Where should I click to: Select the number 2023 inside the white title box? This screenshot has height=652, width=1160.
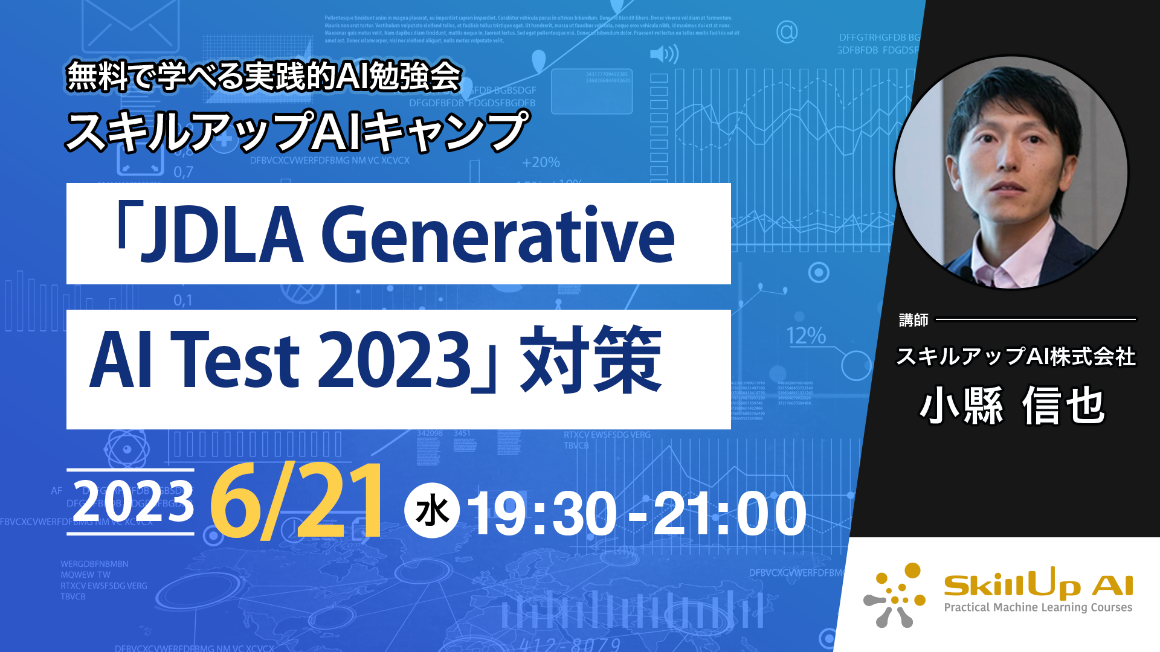pyautogui.click(x=393, y=360)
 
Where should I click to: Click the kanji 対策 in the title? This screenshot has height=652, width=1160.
pyautogui.click(x=591, y=360)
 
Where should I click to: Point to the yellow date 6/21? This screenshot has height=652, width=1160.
pyautogui.click(x=297, y=500)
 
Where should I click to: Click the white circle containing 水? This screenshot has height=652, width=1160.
pyautogui.click(x=432, y=511)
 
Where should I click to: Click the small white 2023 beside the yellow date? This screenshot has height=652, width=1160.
pyautogui.click(x=134, y=502)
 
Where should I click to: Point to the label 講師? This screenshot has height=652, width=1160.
pyautogui.click(x=913, y=320)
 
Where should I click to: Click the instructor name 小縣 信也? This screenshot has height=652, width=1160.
pyautogui.click(x=1013, y=406)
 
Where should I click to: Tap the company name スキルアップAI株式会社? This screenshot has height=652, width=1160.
pyautogui.click(x=1016, y=357)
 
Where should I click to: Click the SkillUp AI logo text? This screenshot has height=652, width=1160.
pyautogui.click(x=1038, y=584)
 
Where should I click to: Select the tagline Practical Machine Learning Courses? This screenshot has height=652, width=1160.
pyautogui.click(x=1038, y=607)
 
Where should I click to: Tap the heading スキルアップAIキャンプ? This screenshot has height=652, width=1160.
pyautogui.click(x=297, y=131)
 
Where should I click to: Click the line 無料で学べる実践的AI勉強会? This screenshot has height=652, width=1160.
pyautogui.click(x=264, y=77)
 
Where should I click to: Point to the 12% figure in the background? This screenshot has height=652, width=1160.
pyautogui.click(x=806, y=336)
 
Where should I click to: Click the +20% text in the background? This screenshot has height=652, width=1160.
pyautogui.click(x=541, y=162)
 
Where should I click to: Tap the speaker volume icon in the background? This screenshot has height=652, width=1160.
pyautogui.click(x=663, y=54)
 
